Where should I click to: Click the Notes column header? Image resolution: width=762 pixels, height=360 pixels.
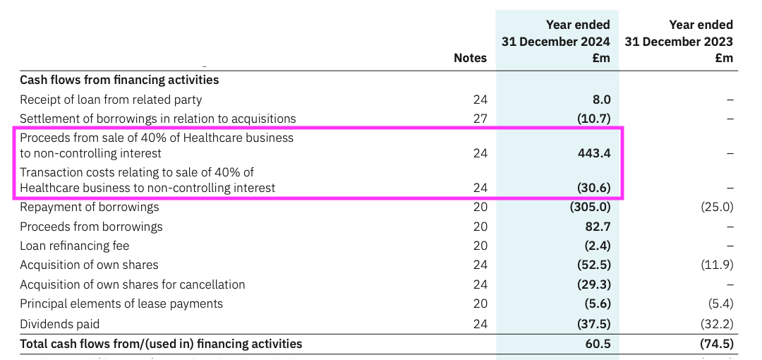point(470,58)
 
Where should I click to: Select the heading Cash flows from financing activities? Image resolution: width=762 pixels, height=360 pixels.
point(119,80)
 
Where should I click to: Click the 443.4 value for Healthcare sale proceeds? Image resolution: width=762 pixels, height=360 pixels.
point(594,153)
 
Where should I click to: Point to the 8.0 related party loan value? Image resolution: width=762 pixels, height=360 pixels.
point(601,100)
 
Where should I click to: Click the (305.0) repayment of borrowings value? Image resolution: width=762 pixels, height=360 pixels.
point(589,208)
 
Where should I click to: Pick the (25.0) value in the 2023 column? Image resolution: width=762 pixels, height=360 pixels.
point(718,208)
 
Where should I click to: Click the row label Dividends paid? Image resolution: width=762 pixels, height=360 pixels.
point(60,324)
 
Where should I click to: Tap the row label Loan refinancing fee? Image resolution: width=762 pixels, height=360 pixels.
point(75,246)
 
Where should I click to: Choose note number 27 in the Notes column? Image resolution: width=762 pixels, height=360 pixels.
point(480,119)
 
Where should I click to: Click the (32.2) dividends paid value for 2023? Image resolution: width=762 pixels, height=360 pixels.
point(718,324)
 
